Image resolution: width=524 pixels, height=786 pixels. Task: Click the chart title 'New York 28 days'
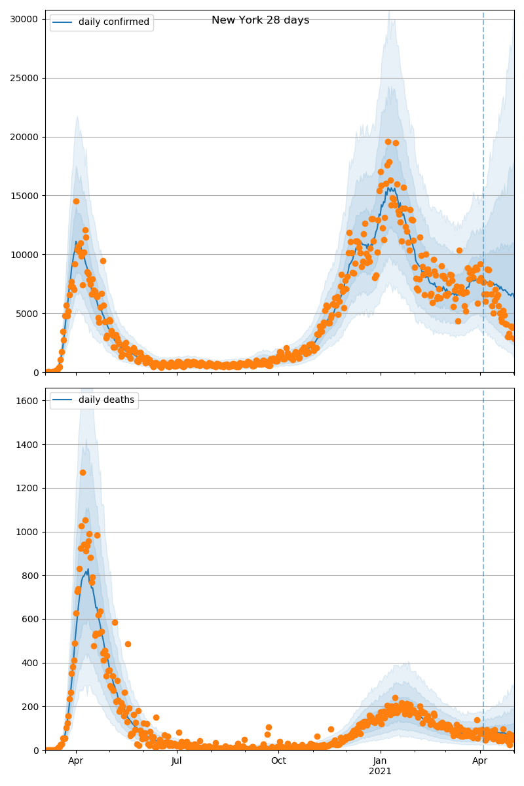point(260,20)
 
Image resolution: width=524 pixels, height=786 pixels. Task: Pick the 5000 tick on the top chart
point(28,314)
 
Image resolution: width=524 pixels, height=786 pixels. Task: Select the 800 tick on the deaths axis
point(31,576)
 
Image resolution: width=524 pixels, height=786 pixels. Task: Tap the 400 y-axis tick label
point(31,663)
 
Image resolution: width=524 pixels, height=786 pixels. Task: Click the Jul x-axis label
point(177,761)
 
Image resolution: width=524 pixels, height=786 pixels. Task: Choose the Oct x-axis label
point(278,761)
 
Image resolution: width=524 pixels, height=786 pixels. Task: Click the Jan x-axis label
point(381,761)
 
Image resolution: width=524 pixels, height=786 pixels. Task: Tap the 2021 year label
point(381,772)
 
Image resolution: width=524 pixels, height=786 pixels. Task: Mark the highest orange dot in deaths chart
point(83,472)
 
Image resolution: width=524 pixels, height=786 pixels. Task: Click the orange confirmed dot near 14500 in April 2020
point(76,201)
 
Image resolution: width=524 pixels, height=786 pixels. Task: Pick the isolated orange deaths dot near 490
point(128,644)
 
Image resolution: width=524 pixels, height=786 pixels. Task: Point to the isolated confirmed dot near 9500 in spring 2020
point(103,261)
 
